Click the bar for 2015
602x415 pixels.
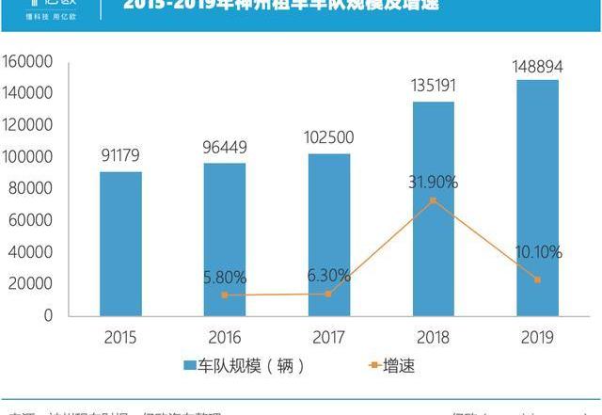[120, 244]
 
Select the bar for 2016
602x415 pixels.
[225, 239]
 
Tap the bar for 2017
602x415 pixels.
[329, 234]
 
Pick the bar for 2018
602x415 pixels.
[433, 208]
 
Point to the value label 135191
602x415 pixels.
[433, 86]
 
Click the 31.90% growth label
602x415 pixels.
[433, 182]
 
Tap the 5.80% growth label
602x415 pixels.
[225, 278]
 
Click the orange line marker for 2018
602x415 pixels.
[433, 200]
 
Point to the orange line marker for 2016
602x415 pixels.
[225, 295]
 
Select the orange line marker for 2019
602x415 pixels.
[537, 279]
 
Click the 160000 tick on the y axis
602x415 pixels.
[28, 61]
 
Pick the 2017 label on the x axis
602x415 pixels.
[329, 337]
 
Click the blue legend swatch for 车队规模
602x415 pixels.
[188, 365]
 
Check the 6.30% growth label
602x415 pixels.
[329, 276]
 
